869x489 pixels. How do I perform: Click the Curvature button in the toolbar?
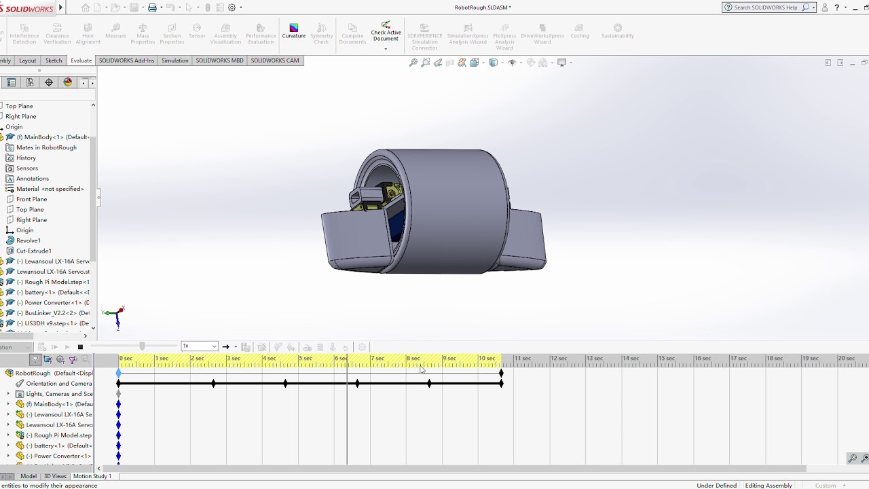coord(293,31)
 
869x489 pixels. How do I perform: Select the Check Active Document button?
coord(386,32)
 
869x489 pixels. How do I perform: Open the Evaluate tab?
coord(81,60)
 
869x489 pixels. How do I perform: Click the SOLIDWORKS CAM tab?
coord(274,60)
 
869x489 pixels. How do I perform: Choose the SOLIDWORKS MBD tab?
coord(219,60)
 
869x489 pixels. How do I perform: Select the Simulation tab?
coord(174,60)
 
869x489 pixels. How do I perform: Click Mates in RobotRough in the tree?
coord(46,147)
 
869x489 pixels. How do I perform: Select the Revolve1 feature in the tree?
coord(28,240)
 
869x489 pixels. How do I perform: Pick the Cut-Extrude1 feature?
coord(33,251)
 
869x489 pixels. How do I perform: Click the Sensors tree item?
coord(27,168)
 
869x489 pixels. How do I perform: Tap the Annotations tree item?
coord(32,179)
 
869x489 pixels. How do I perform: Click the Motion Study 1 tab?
coord(92,476)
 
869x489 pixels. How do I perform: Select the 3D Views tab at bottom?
coord(55,476)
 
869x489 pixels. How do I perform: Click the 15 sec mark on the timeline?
coord(666,359)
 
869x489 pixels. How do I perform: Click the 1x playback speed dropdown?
coord(199,346)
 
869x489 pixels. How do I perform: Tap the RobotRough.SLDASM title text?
coord(483,7)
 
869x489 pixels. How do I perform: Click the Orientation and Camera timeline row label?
coord(58,384)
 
